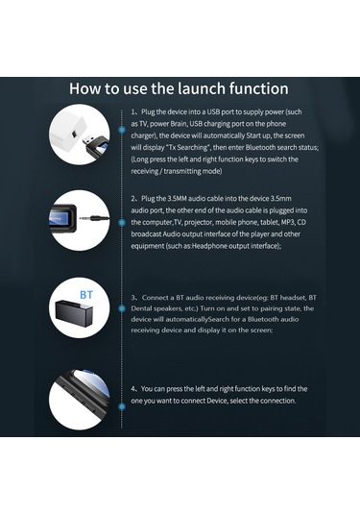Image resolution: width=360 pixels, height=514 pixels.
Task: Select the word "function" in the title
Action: (x=253, y=87)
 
